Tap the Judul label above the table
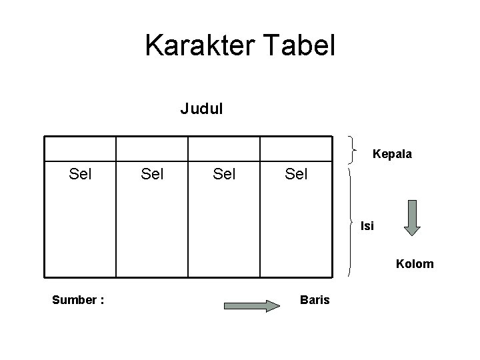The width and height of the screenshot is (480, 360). [x=201, y=108]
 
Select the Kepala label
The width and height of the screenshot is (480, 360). [x=392, y=154]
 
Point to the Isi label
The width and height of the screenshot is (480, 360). [x=367, y=226]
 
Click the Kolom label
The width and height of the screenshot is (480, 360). [x=415, y=264]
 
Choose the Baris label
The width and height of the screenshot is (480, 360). [x=315, y=300]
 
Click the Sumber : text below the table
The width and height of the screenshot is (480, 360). [x=78, y=300]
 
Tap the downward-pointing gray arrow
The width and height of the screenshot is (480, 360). [x=413, y=217]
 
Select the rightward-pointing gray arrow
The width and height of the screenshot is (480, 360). [x=252, y=306]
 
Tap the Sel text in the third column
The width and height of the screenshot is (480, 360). [x=225, y=175]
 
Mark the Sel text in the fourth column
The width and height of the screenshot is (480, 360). [x=297, y=175]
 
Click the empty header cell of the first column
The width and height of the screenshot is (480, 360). [x=81, y=149]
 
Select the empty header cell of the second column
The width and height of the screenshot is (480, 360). [x=153, y=149]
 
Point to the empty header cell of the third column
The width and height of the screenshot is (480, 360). [x=224, y=149]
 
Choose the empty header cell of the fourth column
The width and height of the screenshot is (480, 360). [x=296, y=149]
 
